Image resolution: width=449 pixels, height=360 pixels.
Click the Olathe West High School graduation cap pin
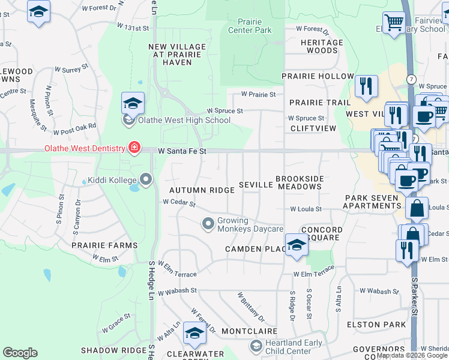pos(133,104)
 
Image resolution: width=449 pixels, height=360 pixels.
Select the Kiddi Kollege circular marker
pos(145,179)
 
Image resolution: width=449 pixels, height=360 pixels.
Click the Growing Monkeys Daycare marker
pos(208,224)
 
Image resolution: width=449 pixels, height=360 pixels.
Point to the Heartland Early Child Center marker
pos(256,346)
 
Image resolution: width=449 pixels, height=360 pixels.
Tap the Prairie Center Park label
pos(250,26)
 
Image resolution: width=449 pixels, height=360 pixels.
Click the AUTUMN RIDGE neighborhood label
pos(202,190)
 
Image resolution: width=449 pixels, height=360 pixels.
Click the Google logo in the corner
pos(20,353)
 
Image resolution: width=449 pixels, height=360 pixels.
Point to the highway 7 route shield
pos(411,79)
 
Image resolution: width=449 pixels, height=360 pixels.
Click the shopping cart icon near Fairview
pos(394,23)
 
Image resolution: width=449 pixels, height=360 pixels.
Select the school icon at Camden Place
pos(295,245)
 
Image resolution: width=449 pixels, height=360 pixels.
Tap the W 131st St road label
pos(133,28)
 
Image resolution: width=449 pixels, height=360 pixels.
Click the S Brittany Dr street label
pos(251,306)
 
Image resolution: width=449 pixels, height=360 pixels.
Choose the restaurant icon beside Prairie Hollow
pos(366,86)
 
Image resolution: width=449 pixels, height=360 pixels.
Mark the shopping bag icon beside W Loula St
pos(417,209)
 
